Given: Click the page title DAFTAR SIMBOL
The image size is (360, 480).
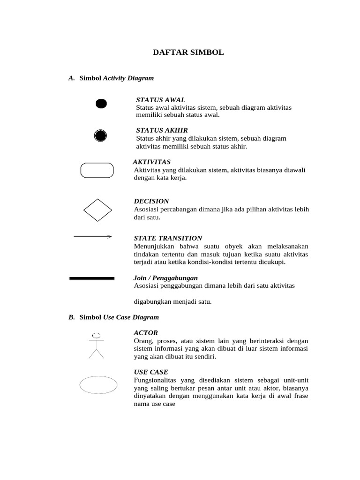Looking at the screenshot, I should pos(188,52).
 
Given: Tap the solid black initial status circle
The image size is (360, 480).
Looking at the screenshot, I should pos(101,104).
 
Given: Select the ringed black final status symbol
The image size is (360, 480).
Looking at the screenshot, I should pos(101,136).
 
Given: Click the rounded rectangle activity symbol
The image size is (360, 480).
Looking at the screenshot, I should pos(97,170).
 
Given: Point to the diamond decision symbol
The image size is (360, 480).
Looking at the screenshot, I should pos(97,210).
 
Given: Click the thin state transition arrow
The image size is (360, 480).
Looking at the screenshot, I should pos(92,237).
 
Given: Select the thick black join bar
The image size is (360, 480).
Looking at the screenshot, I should pos(92,278).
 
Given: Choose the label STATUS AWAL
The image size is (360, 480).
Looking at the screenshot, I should pos(160,100).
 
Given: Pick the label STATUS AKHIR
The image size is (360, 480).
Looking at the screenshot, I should pos(162,130).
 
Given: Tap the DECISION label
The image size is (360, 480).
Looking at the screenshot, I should pos(151,201).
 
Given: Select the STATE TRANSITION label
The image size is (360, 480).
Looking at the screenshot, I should pos(168,238).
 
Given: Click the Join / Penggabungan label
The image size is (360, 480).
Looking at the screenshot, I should pos(166,278).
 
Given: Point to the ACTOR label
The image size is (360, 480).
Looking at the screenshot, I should pos(146,333).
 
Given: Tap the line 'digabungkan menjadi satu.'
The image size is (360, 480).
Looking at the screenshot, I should pos(172,302).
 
